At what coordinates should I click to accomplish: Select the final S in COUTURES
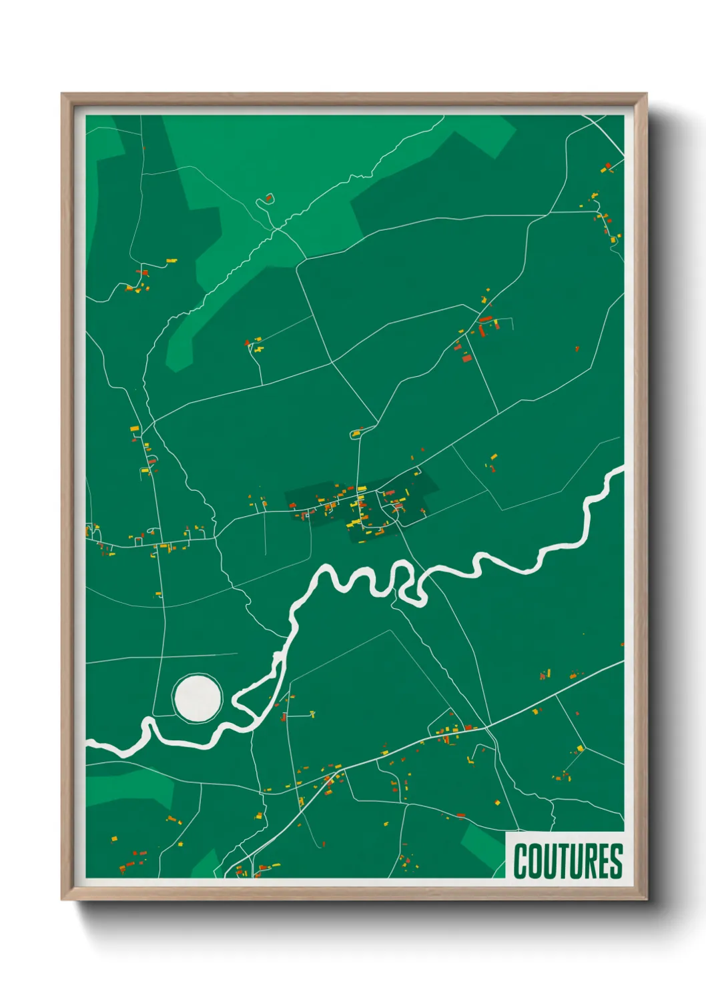point(617,861)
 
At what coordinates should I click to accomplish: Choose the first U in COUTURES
point(549,861)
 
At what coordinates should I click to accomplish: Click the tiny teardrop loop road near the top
point(268,198)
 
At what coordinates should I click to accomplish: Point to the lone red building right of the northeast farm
point(577,348)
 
